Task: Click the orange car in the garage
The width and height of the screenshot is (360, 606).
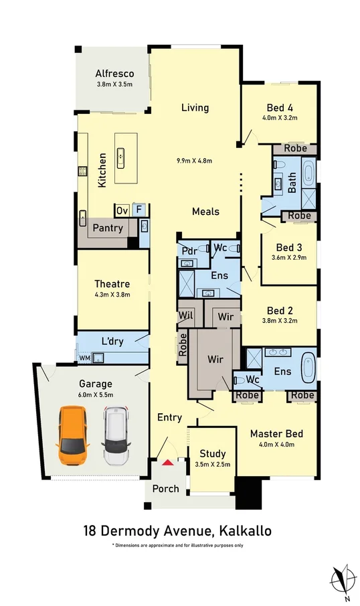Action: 73,435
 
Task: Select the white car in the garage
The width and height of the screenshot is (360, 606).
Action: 116,435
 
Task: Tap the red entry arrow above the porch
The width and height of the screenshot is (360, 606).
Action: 167,462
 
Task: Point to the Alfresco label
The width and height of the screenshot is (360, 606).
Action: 114,74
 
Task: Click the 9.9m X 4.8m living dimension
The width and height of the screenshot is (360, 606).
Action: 194,161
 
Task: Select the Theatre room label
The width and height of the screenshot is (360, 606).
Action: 112,284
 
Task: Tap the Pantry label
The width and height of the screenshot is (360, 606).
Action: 107,228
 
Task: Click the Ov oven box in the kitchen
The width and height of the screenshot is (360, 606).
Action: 122,211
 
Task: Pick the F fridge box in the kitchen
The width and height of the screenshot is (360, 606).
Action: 139,210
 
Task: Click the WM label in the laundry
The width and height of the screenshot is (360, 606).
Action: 84,358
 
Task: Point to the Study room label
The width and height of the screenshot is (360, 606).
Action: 212,454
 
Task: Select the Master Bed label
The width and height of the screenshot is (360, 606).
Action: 276,434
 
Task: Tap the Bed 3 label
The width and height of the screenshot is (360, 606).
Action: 289,247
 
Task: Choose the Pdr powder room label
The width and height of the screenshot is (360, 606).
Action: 189,251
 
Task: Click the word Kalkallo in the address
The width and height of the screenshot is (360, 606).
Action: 246,530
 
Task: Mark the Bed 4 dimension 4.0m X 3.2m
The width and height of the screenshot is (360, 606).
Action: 280,118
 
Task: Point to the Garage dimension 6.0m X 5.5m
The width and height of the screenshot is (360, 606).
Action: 96,394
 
